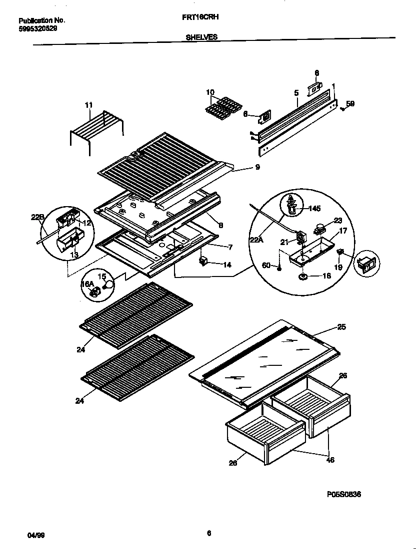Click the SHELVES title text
point(201,37)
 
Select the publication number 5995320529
point(37,29)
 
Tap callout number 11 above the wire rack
point(89,105)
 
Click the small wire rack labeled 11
point(96,128)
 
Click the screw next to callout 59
point(342,108)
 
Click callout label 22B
point(37,218)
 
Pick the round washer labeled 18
point(303,275)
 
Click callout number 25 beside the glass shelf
point(341,327)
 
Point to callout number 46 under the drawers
point(329,460)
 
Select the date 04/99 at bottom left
point(35,535)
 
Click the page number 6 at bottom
point(209,533)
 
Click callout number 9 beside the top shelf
point(257,168)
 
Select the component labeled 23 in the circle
point(318,230)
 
